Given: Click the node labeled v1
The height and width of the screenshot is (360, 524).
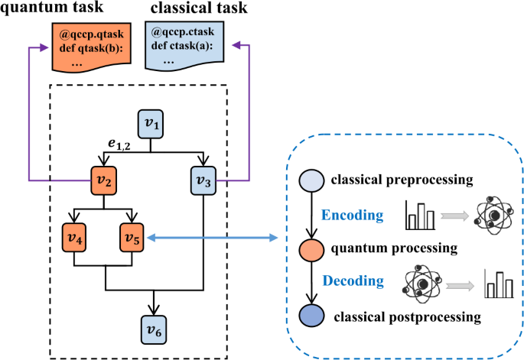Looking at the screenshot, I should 150,123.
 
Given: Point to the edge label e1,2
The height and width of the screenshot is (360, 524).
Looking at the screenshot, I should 119,144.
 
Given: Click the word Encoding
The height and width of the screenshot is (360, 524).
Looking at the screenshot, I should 353,216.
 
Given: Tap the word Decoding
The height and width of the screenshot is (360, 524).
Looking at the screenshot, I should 353,281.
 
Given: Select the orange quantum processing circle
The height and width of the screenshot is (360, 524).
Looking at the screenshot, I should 312,248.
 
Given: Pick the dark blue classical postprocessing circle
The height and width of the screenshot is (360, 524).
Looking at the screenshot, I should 312,315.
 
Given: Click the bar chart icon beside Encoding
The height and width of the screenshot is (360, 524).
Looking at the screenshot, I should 421,216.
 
